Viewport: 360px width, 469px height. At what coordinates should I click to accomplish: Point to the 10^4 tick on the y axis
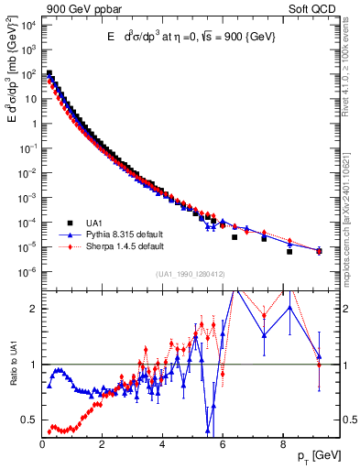(x=27, y=25)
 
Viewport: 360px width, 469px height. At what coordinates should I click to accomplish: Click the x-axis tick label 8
(x=282, y=446)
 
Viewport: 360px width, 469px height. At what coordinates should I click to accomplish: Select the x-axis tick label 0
(x=42, y=446)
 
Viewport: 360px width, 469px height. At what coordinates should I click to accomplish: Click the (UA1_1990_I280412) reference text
(x=180, y=274)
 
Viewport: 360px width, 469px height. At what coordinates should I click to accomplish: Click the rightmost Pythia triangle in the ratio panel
(x=319, y=356)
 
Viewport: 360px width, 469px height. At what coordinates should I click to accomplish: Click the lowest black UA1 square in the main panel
(x=289, y=251)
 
